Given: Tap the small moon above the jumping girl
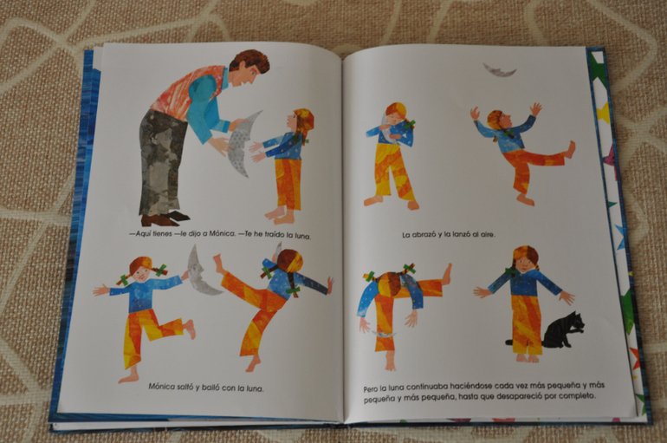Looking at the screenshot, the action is click(500, 70).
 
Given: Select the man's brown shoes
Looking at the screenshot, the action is click(165, 218).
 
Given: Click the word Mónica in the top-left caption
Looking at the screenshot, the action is click(222, 233).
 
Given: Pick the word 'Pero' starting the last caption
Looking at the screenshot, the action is click(371, 389).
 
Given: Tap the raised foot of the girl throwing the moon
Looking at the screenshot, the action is click(569, 150).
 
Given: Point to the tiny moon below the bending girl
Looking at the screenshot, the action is click(384, 335).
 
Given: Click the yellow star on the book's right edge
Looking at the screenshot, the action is click(603, 113).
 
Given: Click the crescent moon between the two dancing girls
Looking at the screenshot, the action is click(201, 272).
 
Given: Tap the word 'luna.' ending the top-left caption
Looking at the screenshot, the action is click(303, 235).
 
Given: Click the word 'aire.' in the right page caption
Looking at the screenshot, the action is click(488, 234).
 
